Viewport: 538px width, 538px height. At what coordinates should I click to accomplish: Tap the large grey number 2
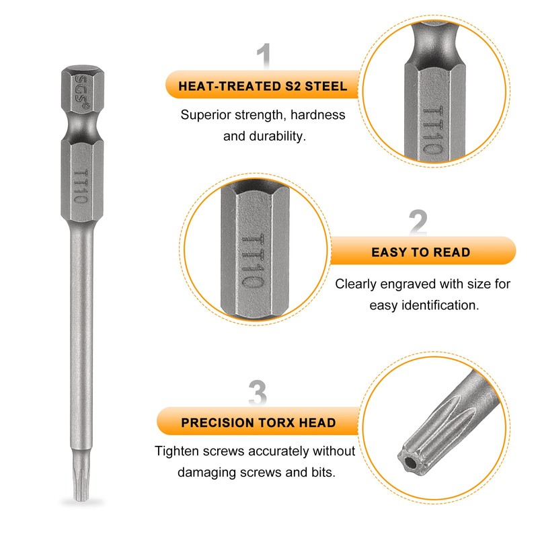[418, 223]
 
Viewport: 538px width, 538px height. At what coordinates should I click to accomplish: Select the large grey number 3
[258, 393]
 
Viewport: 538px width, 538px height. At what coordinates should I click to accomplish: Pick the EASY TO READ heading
[421, 253]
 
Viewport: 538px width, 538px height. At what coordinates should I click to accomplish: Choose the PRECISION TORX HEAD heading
[258, 423]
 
